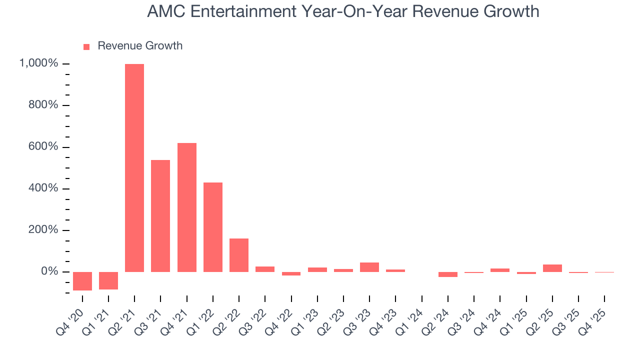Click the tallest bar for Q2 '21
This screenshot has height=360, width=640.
134,167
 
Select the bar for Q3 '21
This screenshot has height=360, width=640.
160,215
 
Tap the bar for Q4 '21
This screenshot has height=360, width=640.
186,207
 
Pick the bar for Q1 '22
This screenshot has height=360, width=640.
213,227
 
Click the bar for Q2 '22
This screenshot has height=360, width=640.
239,255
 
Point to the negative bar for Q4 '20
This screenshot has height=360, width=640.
82,281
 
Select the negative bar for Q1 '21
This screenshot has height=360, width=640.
108,280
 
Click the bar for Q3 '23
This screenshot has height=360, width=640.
369,267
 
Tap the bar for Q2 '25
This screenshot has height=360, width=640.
552,268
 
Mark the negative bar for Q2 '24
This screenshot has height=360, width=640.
447,274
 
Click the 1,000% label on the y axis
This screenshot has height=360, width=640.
38,63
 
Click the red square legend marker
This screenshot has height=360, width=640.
86,46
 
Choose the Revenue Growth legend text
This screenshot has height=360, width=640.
140,46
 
